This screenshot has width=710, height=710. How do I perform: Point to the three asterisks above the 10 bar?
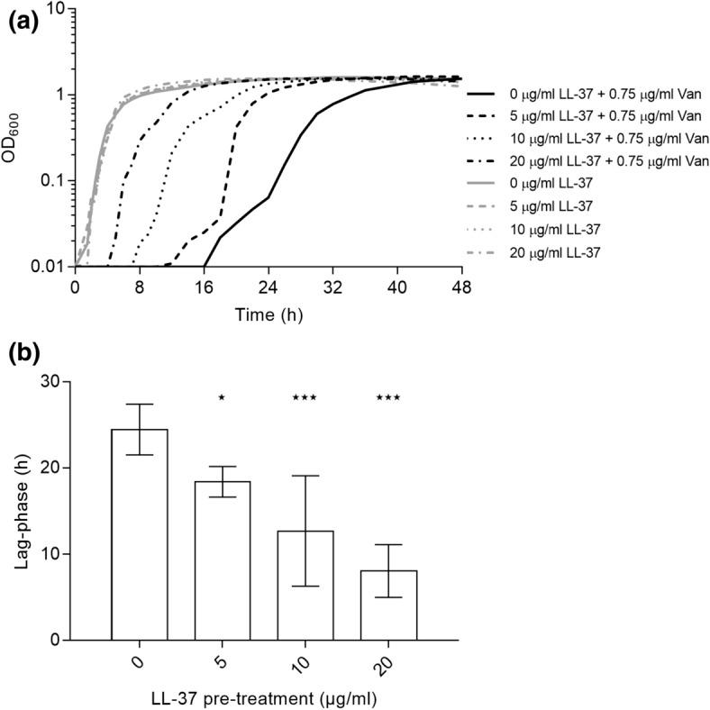click(305, 397)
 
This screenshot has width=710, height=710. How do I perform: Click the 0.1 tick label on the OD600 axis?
click(54, 181)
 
